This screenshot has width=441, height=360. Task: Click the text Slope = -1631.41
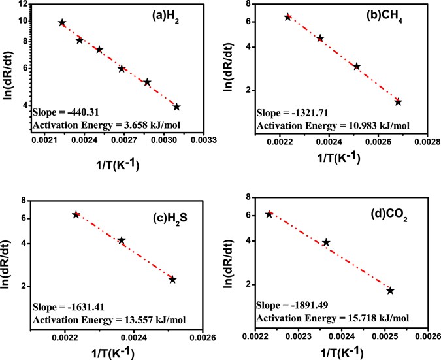64,306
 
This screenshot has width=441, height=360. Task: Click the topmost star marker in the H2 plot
62,23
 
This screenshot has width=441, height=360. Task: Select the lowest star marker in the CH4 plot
399,102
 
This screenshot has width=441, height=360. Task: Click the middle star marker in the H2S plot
122,240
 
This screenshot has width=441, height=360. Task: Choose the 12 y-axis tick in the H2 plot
23,5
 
